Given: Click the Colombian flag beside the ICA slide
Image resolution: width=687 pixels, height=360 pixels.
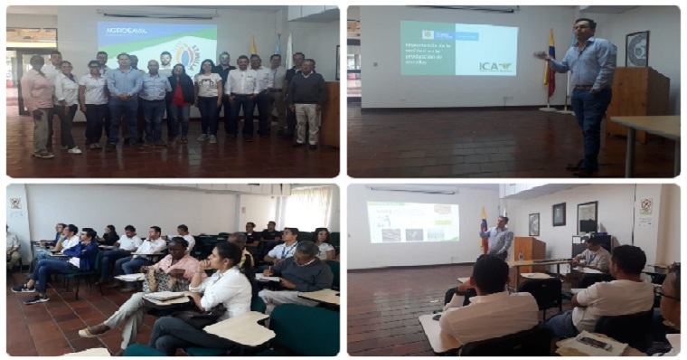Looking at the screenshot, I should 551,63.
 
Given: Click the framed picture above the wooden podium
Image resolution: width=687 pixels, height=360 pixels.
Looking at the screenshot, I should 637,48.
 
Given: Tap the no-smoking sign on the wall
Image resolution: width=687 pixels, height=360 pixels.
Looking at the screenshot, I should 645,205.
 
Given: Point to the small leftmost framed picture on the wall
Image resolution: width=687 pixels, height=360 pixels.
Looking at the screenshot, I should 534,224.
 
